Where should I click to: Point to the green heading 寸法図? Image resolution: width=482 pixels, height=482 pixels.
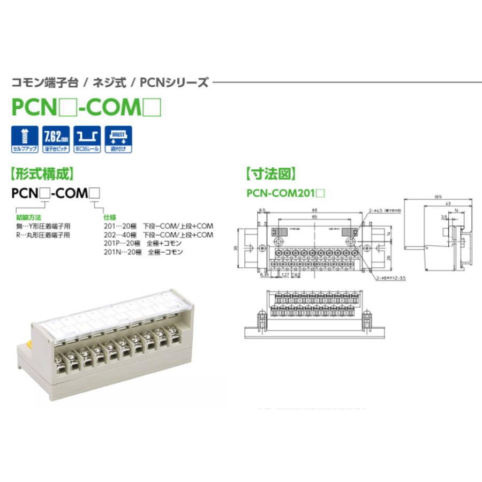click(270, 174)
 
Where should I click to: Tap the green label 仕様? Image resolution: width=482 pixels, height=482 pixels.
click(109, 219)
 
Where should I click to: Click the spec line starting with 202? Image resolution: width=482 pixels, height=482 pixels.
click(158, 235)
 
